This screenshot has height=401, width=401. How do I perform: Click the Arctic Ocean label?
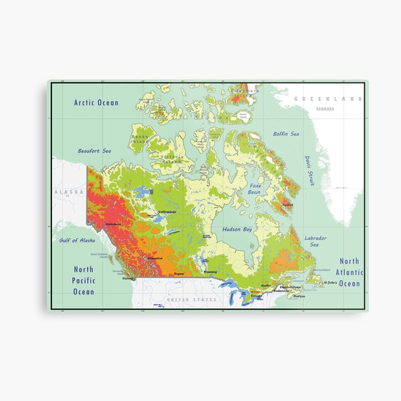[96, 103]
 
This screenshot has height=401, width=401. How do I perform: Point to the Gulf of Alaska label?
[78, 241]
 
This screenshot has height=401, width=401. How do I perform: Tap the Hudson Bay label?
[237, 229]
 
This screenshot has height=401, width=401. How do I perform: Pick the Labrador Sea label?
[315, 241]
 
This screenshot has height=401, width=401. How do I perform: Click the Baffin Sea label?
[286, 134]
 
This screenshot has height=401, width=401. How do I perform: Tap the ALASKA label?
[69, 192]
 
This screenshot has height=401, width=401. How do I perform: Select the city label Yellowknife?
[166, 212]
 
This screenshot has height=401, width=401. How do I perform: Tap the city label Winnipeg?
[210, 272]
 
